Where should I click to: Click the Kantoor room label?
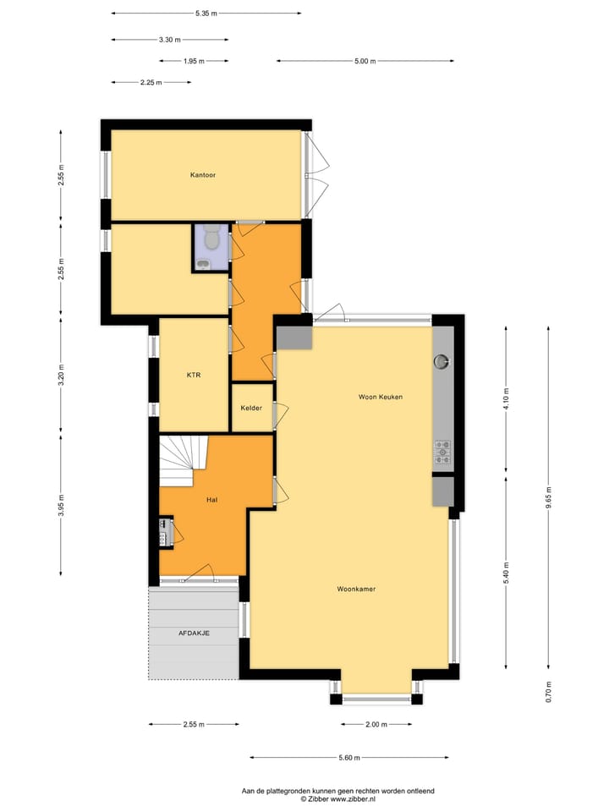pyautogui.click(x=203, y=175)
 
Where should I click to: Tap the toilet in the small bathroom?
pyautogui.click(x=211, y=239)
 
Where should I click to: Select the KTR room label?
pyautogui.click(x=194, y=375)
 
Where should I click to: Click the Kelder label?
pyautogui.click(x=251, y=408)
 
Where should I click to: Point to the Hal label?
pyautogui.click(x=213, y=500)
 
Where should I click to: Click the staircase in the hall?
pyautogui.click(x=184, y=460)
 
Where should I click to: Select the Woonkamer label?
pyautogui.click(x=356, y=589)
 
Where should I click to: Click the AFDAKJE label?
pyautogui.click(x=194, y=634)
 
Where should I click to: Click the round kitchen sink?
pyautogui.click(x=442, y=362)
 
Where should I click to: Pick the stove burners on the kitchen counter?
pyautogui.click(x=442, y=453)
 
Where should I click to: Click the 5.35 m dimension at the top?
pyautogui.click(x=206, y=14)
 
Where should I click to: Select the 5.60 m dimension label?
pyautogui.click(x=349, y=758)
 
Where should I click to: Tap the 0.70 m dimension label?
pyautogui.click(x=549, y=692)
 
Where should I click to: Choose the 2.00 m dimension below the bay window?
pyautogui.click(x=376, y=725)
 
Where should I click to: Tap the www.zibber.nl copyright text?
pyautogui.click(x=338, y=798)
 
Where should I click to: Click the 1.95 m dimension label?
pyautogui.click(x=194, y=61)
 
